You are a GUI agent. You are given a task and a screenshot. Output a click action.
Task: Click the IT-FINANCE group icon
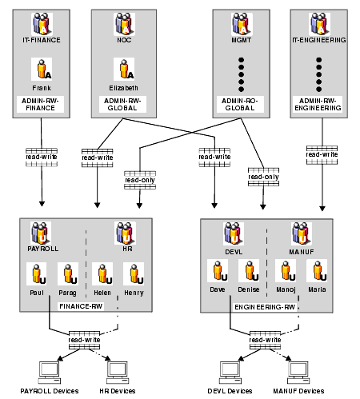point(42,24)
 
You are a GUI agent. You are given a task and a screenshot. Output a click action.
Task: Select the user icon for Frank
point(42,69)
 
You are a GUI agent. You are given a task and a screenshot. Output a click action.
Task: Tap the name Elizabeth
point(123,88)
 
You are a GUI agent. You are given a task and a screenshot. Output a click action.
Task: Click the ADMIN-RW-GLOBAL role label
point(122,104)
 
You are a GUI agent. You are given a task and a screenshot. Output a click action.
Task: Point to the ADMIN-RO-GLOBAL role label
point(240,104)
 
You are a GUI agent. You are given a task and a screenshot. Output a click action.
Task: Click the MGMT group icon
point(242,24)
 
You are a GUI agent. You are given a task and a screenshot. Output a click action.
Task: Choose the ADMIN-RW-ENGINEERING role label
point(318,104)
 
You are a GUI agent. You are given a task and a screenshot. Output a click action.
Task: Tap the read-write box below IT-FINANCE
point(42,158)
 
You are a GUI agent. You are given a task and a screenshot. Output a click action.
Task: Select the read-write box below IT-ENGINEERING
point(322,155)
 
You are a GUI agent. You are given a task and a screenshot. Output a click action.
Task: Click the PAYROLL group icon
point(41,233)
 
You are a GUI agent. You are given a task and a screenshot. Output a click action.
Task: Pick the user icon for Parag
point(68,273)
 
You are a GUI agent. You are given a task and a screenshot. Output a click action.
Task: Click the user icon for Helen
point(102,273)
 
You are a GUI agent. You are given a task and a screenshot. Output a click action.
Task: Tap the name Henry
point(134,293)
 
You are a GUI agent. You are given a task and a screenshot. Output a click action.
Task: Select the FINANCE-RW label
point(81,306)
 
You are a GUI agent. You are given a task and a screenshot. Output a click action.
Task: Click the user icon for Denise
point(249,270)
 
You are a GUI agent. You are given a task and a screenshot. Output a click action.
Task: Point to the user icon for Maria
point(317,270)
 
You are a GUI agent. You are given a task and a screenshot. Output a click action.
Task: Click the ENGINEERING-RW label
point(265,307)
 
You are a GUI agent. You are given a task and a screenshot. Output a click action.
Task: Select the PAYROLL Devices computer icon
point(50,373)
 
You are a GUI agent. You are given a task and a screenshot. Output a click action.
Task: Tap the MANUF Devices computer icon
point(298,373)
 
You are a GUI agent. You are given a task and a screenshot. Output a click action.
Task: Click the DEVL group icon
point(234,233)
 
